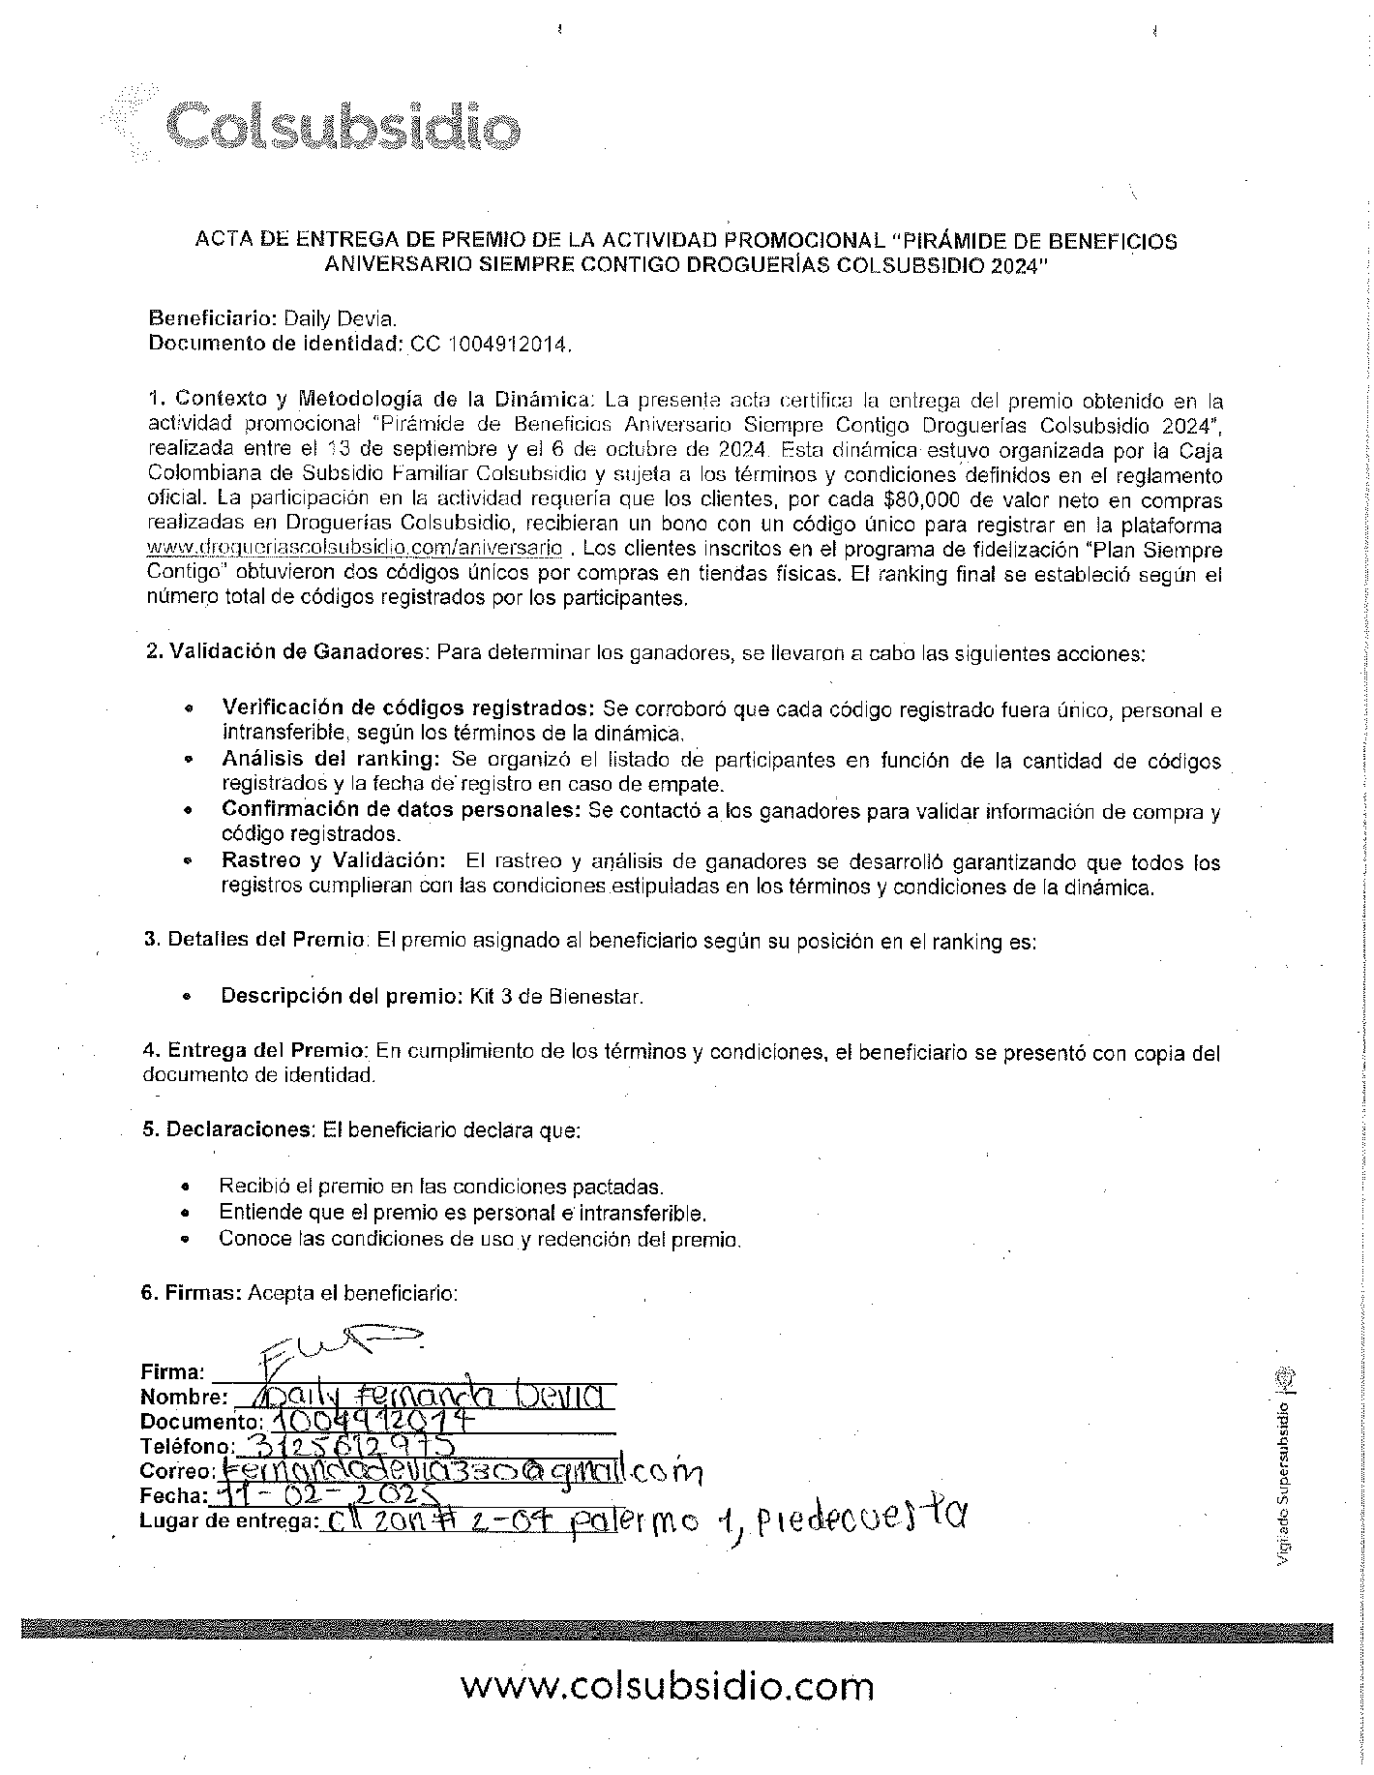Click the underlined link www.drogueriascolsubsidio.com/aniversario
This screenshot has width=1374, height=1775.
tap(354, 549)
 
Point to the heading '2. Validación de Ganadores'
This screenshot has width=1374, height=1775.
tap(285, 652)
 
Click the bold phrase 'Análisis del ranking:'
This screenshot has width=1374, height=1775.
tap(332, 761)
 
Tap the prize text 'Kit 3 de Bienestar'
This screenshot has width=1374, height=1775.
tap(556, 996)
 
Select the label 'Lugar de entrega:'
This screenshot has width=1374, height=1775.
tap(228, 1521)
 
